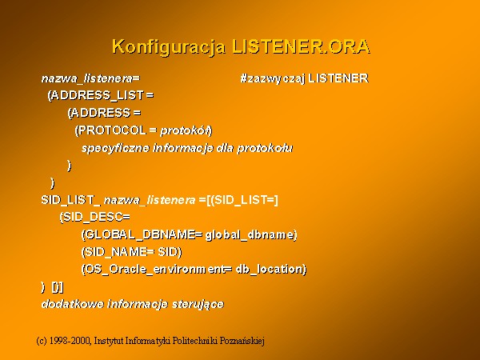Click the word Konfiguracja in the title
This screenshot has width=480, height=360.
pos(169,47)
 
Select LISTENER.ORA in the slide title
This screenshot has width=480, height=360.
pos(301,46)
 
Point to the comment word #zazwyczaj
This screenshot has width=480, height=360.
pos(273,78)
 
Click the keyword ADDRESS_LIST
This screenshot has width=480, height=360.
pos(98,95)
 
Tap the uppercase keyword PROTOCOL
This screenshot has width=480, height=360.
pos(112,130)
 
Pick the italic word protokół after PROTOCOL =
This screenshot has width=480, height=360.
pos(185,130)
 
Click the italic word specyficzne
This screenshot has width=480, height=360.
pos(116,149)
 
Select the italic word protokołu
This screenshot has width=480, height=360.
pos(265,149)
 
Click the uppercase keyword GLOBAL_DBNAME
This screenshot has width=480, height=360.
pos(141,234)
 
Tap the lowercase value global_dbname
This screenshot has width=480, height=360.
pos(250,234)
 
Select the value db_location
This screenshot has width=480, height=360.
pos(269,269)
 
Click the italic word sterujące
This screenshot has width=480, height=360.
pos(198,304)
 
